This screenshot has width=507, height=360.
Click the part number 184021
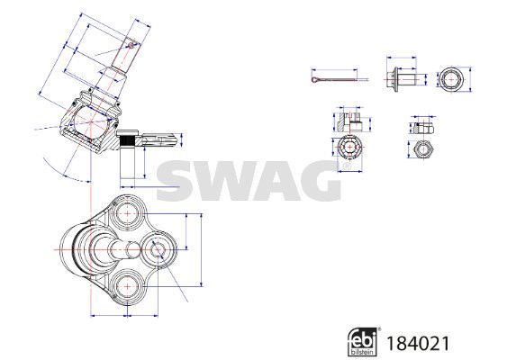pos(418,343)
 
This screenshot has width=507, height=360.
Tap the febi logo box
pos(363,342)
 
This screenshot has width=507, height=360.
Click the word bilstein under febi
pos(363,352)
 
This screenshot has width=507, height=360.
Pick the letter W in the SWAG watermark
pos(224,181)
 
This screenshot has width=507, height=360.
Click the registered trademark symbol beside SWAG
pos(347,166)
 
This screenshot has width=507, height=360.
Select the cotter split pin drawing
pos(335,79)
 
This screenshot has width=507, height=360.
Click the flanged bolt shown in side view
pos(405,78)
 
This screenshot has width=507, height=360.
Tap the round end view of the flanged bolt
pos(451,79)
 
